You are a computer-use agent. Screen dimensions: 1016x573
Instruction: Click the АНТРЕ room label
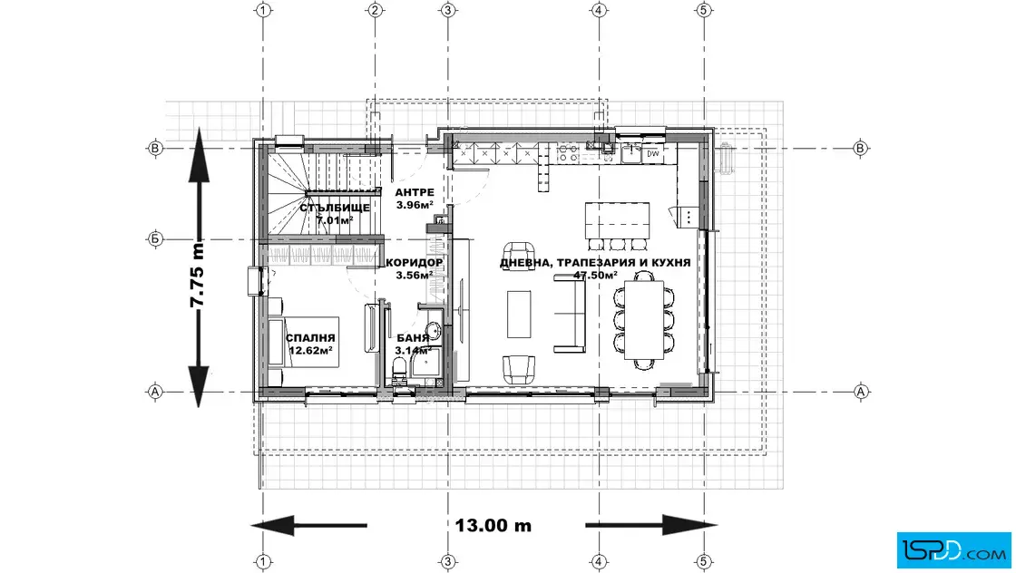414,192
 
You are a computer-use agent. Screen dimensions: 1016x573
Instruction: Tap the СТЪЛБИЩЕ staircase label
335,208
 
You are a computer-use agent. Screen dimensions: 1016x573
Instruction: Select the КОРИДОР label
414,263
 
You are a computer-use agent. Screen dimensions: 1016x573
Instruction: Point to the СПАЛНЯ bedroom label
310,338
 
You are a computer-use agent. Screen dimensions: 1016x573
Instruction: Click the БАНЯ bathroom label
413,338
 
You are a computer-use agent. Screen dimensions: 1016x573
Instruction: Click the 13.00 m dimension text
493,525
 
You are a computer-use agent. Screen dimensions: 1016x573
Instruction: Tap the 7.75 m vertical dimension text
197,276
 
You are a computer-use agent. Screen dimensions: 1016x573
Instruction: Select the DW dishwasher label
652,154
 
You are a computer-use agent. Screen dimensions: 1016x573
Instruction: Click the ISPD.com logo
953,550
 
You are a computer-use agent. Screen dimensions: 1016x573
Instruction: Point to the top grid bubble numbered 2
376,10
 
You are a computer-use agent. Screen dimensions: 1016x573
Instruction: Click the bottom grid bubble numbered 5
704,561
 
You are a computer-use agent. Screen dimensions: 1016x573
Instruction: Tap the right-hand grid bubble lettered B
861,149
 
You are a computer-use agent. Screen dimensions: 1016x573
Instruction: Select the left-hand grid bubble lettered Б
155,239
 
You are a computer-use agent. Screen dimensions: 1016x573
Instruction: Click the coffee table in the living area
518,314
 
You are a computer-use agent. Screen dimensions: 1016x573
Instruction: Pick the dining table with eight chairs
644,320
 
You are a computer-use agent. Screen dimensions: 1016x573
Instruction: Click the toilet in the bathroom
398,370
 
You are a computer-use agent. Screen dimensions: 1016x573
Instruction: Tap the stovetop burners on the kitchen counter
568,153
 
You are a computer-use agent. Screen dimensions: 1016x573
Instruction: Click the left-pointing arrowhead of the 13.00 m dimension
273,525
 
